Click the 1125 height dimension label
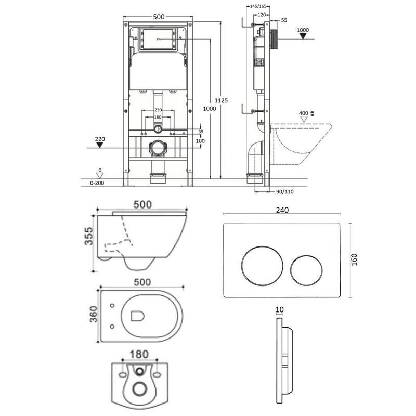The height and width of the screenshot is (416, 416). [221, 100]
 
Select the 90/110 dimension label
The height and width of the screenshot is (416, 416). [284, 192]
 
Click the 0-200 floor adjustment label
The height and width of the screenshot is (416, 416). [97, 183]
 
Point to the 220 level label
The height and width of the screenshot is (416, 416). [100, 139]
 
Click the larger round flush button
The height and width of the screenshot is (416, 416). [263, 266]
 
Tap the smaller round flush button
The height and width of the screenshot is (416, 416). [306, 270]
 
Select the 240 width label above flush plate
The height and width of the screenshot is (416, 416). [282, 210]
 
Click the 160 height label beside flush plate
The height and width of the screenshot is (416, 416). [354, 259]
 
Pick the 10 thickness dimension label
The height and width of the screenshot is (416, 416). [280, 309]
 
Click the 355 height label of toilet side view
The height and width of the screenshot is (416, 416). [89, 236]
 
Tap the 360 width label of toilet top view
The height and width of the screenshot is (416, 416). [94, 315]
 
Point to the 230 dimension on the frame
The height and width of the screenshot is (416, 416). [158, 110]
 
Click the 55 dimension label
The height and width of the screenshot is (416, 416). [284, 20]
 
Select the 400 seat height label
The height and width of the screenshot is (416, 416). [304, 113]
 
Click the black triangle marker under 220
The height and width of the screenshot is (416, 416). [100, 145]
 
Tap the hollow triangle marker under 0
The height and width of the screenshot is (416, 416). [100, 176]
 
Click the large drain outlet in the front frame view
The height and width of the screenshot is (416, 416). [158, 148]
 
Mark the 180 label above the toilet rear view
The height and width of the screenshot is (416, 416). [139, 355]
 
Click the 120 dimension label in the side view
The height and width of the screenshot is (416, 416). [262, 15]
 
